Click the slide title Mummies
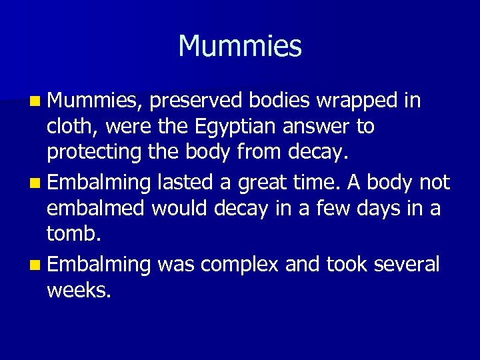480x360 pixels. click(240, 46)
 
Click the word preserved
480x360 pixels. click(197, 101)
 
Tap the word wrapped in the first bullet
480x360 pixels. click(358, 101)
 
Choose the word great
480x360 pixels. click(271, 183)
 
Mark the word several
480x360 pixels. click(407, 264)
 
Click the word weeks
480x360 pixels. click(77, 290)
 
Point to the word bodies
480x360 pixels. click(280, 101)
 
